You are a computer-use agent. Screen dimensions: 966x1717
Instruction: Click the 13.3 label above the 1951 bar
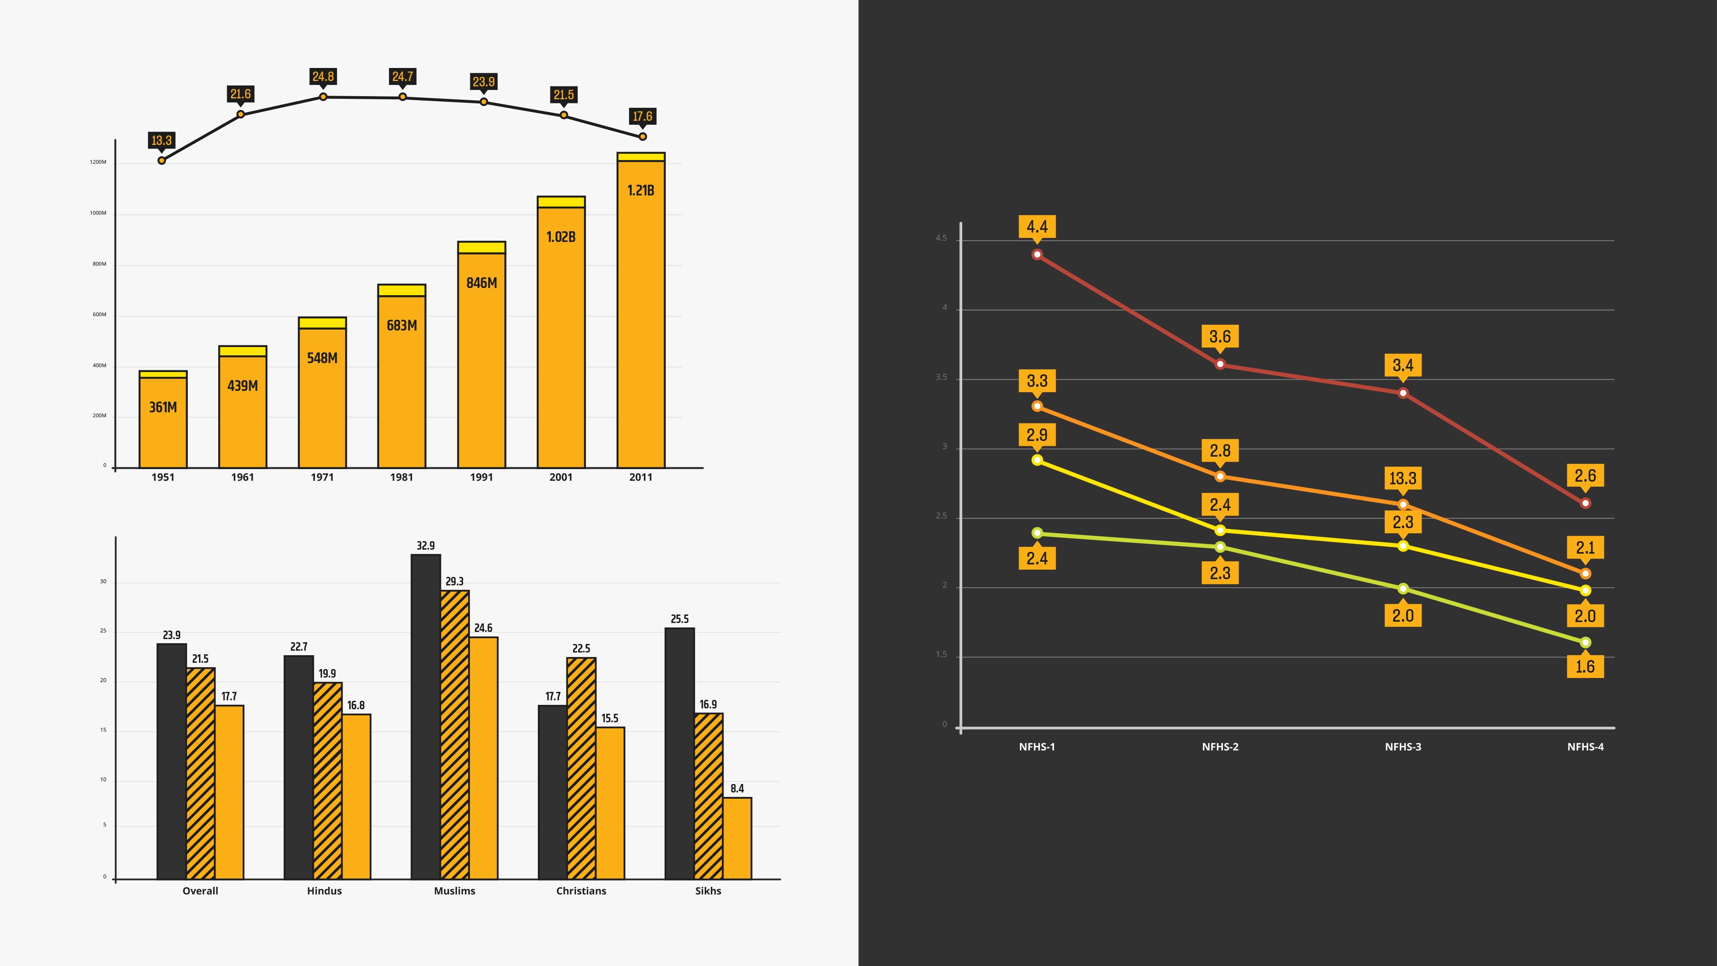161,140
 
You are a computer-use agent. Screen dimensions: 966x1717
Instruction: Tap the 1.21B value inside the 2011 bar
641,191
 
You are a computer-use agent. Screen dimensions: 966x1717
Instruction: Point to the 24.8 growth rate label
323,76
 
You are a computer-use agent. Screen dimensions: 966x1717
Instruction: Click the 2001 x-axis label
561,477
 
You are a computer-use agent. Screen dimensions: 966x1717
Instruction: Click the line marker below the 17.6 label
643,137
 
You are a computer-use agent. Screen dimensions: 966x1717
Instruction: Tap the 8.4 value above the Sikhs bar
737,788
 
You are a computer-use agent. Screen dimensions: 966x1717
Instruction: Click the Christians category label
581,891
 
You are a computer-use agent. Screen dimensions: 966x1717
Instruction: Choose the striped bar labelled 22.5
581,768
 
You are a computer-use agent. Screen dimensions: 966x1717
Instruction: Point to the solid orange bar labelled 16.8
356,797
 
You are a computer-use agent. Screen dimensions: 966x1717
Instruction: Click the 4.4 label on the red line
1037,227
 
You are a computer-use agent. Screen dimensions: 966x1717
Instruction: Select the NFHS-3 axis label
1403,747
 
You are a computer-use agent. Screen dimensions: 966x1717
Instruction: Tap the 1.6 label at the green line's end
1585,667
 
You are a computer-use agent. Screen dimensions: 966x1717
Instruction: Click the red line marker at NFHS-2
1220,364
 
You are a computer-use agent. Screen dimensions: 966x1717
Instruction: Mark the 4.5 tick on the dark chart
941,238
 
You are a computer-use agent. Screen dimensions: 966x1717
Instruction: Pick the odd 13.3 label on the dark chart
1403,478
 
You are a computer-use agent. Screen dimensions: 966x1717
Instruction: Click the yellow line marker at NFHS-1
1037,460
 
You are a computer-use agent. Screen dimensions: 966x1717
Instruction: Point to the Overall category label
200,891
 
